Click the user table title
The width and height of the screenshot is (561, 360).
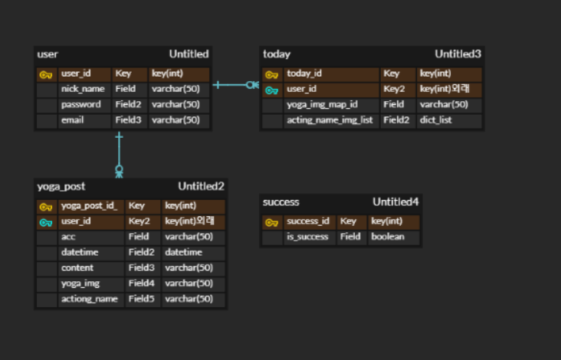click(48, 54)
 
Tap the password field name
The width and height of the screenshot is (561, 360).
click(80, 104)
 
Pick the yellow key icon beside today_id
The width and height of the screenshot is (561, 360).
click(272, 74)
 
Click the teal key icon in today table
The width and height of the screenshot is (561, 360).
click(272, 90)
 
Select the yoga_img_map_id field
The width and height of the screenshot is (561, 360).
click(323, 105)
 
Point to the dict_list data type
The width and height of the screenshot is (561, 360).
click(435, 121)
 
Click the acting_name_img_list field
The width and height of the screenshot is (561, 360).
click(331, 121)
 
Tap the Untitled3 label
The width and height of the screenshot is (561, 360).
click(458, 54)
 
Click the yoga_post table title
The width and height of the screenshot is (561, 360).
click(61, 186)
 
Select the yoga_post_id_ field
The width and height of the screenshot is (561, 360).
click(89, 206)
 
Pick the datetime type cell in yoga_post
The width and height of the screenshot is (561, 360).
click(184, 252)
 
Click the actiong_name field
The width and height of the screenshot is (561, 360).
click(89, 299)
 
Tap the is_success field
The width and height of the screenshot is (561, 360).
click(307, 237)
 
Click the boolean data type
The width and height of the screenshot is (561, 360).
click(388, 237)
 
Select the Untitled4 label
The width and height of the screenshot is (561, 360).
click(395, 202)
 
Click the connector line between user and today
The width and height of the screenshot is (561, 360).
click(234, 84)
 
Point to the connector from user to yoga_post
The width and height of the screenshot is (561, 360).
click(119, 153)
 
